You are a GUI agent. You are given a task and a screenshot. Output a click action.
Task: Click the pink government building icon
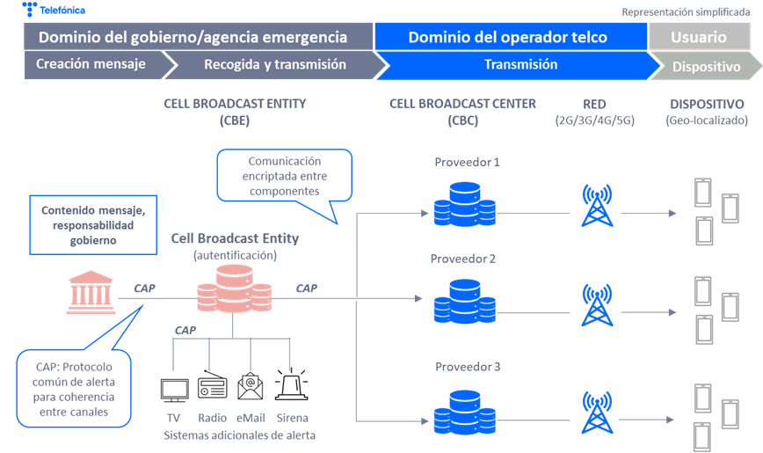tap(91, 293)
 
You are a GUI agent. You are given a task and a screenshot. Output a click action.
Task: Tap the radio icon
tap(211, 386)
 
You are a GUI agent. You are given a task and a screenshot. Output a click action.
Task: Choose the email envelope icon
tap(251, 386)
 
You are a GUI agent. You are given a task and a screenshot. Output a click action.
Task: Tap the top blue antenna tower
tap(597, 205)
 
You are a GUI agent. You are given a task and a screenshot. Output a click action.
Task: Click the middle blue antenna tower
tap(597, 303)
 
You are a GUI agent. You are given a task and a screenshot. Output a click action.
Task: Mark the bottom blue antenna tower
tap(597, 413)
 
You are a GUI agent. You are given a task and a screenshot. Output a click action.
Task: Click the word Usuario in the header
tap(699, 37)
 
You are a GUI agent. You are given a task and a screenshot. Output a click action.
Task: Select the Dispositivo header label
tap(705, 67)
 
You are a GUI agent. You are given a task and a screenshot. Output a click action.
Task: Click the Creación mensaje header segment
tap(91, 65)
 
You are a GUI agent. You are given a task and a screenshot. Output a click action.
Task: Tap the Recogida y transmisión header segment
tap(275, 65)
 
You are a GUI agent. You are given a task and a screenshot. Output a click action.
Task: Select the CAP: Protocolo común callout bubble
tap(74, 387)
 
